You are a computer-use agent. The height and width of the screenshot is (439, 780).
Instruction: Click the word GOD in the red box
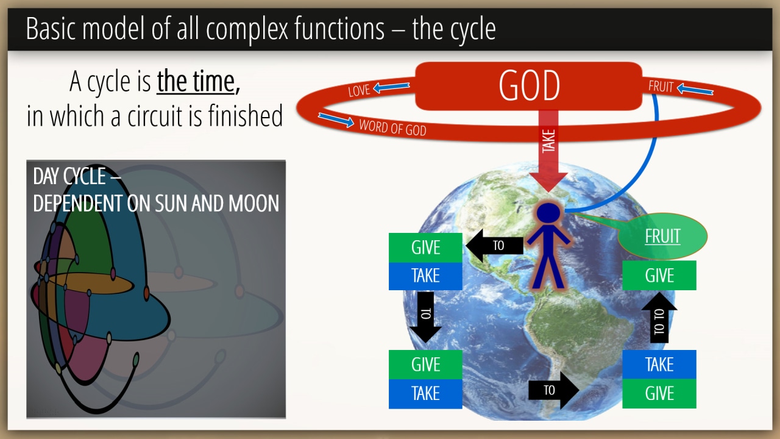point(529,86)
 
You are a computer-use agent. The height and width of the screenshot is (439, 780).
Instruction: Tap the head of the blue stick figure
point(548,212)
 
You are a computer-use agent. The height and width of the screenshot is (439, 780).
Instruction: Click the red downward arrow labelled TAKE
point(548,151)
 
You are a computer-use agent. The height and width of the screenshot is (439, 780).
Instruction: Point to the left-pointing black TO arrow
point(494,246)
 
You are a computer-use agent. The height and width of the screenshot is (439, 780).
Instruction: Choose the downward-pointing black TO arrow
point(425,317)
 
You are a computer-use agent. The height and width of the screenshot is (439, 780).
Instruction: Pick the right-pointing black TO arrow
point(554,390)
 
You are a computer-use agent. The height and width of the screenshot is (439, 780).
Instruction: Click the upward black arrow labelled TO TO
point(659,318)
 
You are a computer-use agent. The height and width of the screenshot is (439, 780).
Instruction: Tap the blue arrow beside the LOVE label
point(391,87)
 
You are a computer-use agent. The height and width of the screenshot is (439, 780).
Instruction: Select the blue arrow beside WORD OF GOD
point(336,120)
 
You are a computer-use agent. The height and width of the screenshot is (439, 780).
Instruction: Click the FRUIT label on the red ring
point(661,87)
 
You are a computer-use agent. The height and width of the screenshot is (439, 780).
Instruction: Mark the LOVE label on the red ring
point(359,91)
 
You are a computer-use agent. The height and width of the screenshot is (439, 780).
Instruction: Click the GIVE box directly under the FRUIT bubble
point(659,275)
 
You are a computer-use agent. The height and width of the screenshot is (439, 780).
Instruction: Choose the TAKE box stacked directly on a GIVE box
point(659,365)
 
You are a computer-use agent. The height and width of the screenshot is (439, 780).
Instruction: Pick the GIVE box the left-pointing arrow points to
point(425,248)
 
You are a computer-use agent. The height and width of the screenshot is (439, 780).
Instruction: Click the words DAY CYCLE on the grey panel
point(69,176)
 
